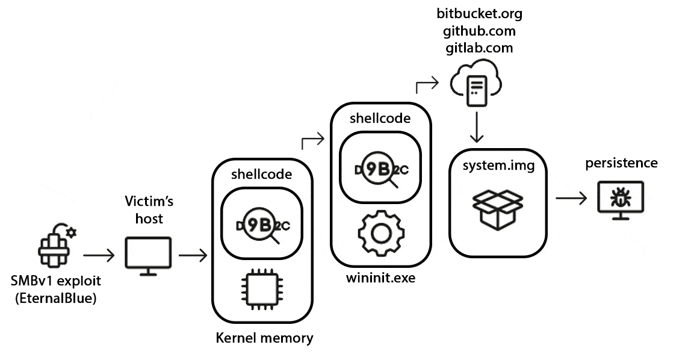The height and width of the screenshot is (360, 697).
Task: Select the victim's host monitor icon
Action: coord(148,255)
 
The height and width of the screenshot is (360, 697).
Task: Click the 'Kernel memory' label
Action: coord(264,338)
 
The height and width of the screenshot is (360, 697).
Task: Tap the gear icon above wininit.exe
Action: coord(380,234)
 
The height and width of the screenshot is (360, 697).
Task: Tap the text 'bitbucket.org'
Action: coord(479,14)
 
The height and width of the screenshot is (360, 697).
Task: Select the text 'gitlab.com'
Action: coord(479,48)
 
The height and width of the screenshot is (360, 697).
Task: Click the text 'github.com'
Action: coord(479,31)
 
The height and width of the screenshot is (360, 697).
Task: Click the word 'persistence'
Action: coord(621,163)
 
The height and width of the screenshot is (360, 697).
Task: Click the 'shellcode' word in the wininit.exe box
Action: coord(380,118)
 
